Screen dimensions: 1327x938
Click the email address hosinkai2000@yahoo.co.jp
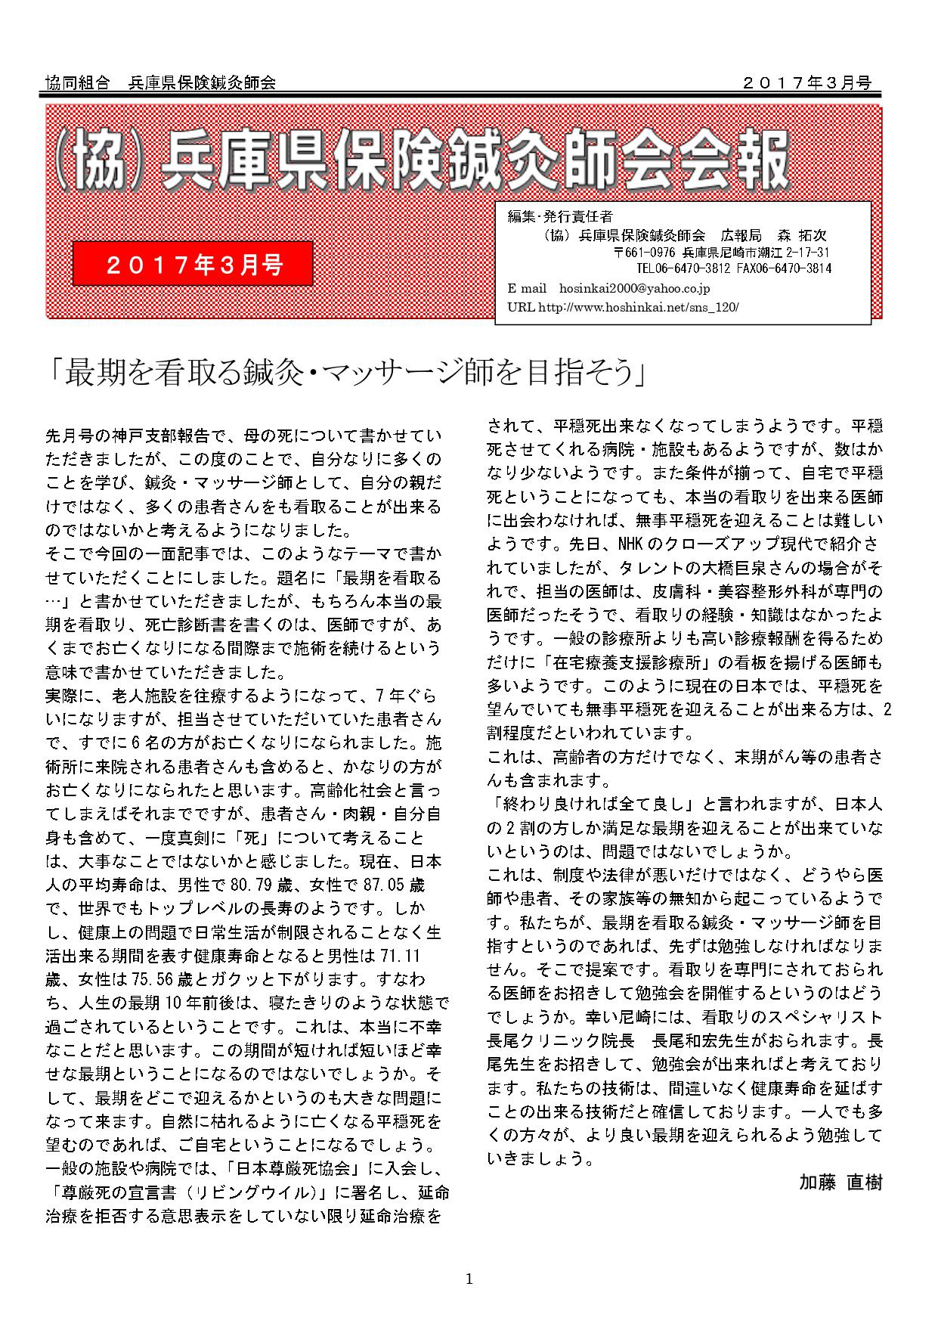(x=634, y=288)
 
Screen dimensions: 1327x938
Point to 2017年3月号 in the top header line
(x=806, y=82)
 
